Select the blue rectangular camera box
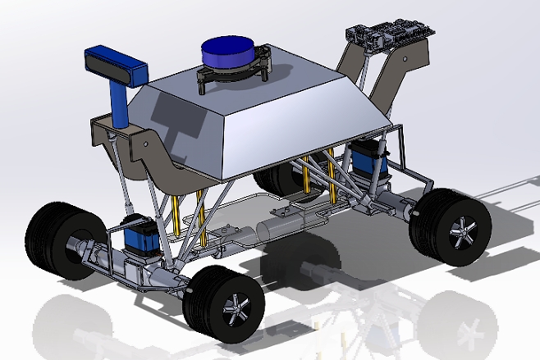click(115, 65)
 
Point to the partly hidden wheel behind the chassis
click(271, 180)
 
